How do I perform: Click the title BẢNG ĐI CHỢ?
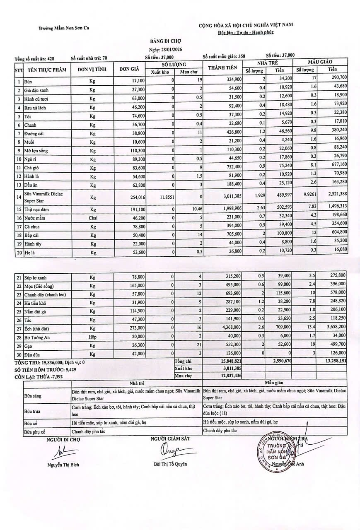coord(165,41)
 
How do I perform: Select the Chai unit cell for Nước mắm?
coord(92,218)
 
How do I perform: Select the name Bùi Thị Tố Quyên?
coord(170,464)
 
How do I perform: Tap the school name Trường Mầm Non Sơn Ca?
coord(64,29)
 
